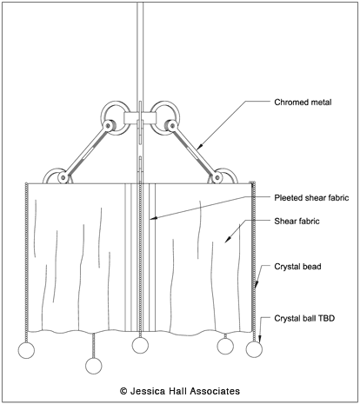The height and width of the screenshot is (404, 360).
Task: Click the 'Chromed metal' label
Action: click(303, 103)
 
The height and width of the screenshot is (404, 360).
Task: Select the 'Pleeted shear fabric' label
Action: click(311, 198)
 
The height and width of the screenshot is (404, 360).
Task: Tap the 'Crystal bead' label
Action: click(297, 267)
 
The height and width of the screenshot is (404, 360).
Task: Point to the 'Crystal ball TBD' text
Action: click(304, 318)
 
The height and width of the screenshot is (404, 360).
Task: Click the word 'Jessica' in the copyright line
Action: click(147, 391)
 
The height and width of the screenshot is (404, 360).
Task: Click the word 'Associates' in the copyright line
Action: click(215, 391)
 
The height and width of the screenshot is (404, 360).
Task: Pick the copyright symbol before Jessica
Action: click(123, 391)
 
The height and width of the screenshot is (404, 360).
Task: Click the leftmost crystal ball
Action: click(26, 350)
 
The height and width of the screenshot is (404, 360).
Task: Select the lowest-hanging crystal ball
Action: click(94, 366)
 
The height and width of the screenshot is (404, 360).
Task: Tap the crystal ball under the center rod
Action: click(140, 345)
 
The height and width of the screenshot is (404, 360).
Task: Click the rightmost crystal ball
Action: click(254, 349)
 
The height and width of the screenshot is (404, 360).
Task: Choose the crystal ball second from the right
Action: click(225, 346)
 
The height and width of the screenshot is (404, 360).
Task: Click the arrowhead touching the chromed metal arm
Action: click(198, 147)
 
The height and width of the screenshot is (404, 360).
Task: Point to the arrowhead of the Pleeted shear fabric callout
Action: click(153, 218)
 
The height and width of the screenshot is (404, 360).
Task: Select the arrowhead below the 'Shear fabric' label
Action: click(228, 239)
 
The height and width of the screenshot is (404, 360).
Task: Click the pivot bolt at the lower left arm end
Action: click(63, 177)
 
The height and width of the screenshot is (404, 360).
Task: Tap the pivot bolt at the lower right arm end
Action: click(217, 177)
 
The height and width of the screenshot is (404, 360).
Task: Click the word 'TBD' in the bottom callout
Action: click(326, 318)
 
